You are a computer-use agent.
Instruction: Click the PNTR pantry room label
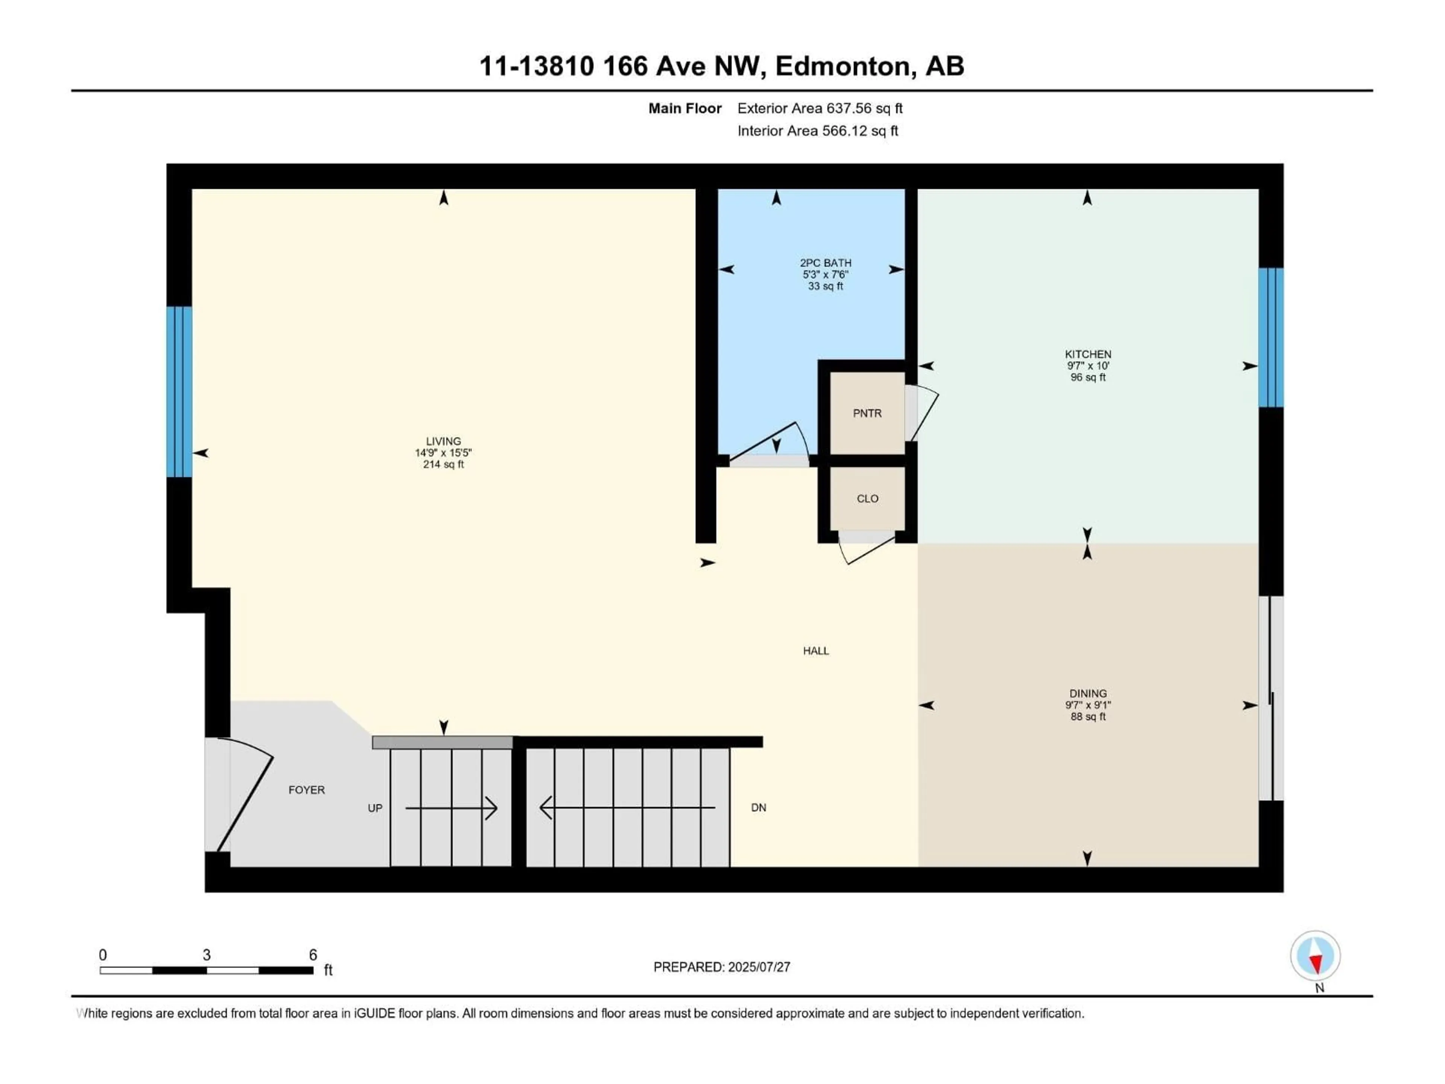click(867, 413)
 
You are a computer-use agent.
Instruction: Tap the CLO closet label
click(867, 499)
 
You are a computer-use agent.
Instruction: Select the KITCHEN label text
click(1088, 354)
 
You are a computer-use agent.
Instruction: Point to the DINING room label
click(1088, 693)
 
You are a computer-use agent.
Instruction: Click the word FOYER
click(306, 790)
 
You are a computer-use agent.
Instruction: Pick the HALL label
click(816, 651)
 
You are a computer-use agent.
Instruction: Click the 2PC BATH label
click(826, 263)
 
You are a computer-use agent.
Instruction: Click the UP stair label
click(375, 808)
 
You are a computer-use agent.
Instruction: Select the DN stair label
click(758, 808)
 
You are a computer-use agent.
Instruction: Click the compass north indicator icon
click(1315, 956)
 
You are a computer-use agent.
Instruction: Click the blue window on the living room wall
click(179, 392)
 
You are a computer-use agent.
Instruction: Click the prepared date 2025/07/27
click(759, 967)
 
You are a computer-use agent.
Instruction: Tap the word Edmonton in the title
click(843, 66)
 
